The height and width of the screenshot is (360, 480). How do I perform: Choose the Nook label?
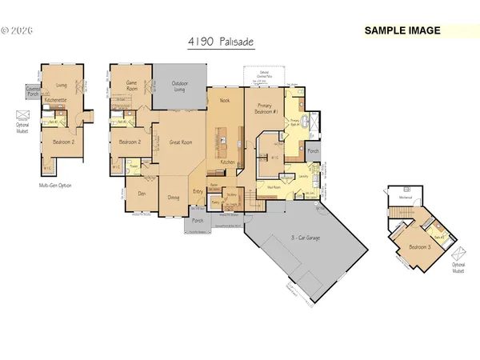(x=224, y=101)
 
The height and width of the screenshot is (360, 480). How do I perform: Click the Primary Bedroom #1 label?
(x=265, y=109)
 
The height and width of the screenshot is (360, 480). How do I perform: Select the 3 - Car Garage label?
(x=298, y=238)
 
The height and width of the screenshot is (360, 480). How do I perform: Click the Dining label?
(x=173, y=198)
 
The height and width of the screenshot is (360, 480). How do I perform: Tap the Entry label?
(x=198, y=191)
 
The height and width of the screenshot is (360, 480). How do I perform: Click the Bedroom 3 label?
(x=414, y=248)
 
